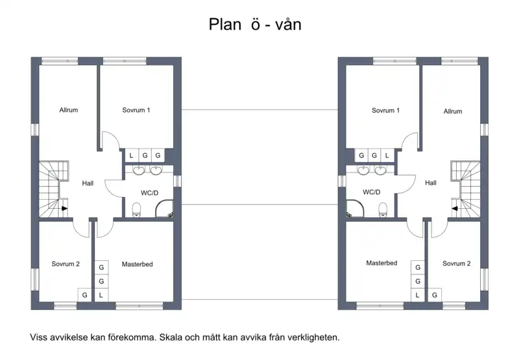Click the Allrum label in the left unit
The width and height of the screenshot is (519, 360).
69,110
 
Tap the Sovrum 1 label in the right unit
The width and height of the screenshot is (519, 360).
385,110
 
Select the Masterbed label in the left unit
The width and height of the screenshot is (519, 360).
138,264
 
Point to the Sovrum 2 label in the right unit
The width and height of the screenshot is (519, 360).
457,263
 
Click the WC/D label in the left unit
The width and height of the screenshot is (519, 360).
150,193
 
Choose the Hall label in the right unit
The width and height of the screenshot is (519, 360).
431,183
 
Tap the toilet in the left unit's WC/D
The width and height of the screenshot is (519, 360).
137,210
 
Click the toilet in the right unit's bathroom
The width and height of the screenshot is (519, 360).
383,210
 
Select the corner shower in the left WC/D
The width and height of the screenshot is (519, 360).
164,208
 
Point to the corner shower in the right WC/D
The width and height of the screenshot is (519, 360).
355,208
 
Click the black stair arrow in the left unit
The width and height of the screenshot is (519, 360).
64,208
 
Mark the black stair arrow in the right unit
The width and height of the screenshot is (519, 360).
455,208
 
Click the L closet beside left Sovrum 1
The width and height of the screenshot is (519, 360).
132,155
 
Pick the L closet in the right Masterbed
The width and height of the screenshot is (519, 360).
417,295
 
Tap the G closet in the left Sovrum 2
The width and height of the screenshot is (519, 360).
85,295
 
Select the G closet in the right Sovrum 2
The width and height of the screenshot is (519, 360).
435,295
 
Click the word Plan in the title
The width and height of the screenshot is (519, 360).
225,24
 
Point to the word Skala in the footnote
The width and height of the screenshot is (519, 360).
171,337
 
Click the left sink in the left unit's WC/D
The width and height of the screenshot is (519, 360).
139,170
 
